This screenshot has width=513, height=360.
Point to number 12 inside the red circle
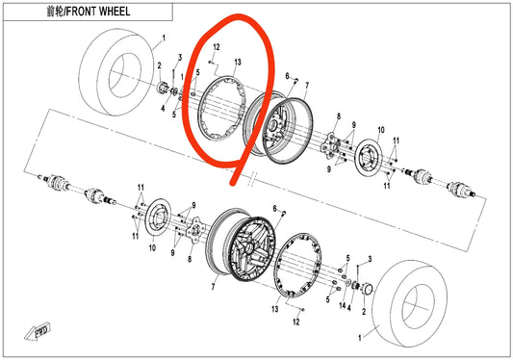click(218, 48)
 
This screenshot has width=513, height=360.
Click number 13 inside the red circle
click(237, 62)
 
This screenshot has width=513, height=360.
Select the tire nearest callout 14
click(404, 305)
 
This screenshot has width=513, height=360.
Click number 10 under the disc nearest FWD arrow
click(150, 248)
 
